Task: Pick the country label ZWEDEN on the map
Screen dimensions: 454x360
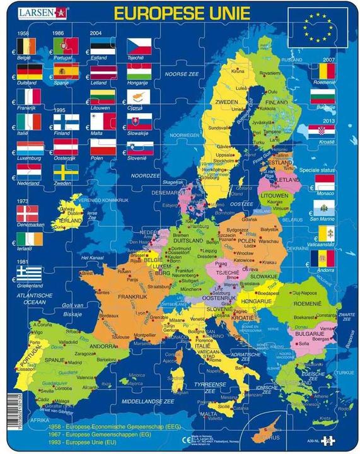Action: tap(227, 101)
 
